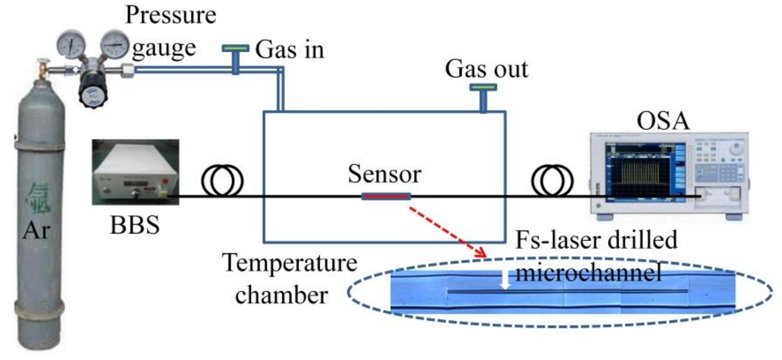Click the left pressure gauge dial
point(71,45)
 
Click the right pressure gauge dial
point(114,44)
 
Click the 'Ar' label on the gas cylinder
point(36,231)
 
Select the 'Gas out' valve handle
point(483,87)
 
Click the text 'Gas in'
point(289,50)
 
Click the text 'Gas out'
point(486,69)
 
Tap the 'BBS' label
point(135,225)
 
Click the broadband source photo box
point(135,172)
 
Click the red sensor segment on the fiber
point(386,196)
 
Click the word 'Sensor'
point(384,174)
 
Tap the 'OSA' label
point(663,121)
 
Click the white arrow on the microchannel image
point(505,280)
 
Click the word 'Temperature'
point(289,263)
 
